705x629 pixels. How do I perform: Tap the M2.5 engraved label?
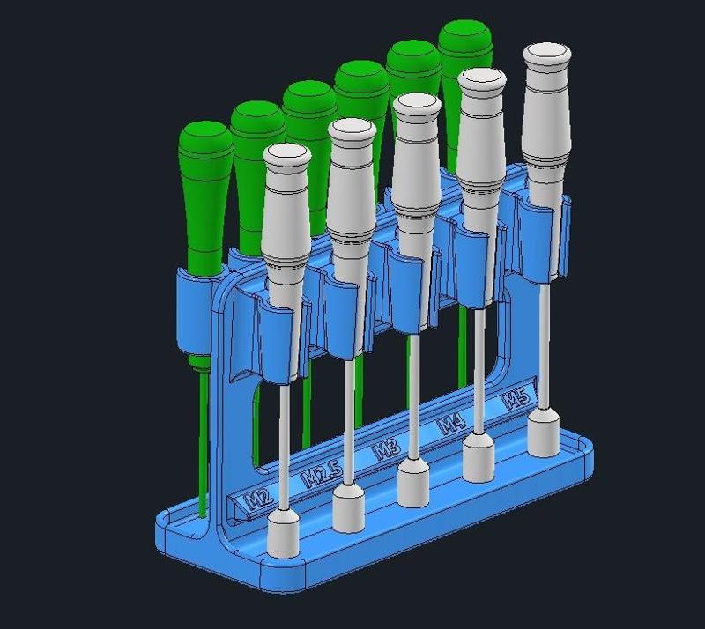click(x=322, y=477)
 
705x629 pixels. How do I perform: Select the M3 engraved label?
click(x=385, y=450)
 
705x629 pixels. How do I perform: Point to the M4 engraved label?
click(x=452, y=424)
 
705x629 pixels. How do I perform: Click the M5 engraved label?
click(x=516, y=399)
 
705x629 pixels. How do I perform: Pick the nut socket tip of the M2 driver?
click(x=286, y=534)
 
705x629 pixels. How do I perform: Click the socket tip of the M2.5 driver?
click(x=349, y=509)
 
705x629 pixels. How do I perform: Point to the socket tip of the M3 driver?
click(x=412, y=482)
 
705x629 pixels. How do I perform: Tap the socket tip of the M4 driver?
click(x=479, y=456)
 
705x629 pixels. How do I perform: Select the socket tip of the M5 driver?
click(x=543, y=433)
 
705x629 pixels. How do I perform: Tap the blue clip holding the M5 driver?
click(x=539, y=233)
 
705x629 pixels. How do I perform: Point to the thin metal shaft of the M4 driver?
click(x=479, y=370)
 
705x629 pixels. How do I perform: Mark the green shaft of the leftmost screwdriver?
click(x=204, y=440)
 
